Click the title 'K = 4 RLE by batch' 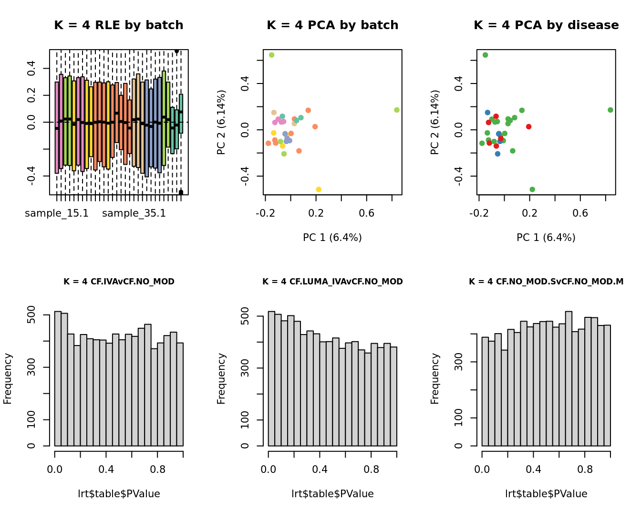tap(118, 25)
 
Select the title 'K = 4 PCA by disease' tap(546, 25)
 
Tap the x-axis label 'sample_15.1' tap(57, 213)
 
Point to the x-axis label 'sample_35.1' tap(134, 213)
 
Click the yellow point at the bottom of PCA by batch tap(319, 189)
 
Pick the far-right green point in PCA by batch tap(397, 110)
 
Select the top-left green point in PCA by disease tap(485, 55)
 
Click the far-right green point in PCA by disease tap(610, 110)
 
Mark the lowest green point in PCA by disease tap(532, 189)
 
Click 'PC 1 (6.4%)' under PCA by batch tap(332, 238)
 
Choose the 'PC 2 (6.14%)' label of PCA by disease tap(434, 122)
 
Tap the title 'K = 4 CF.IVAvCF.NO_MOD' tap(119, 282)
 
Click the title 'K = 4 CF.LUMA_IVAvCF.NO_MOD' tap(332, 282)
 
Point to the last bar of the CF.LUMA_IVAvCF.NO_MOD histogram tap(393, 397)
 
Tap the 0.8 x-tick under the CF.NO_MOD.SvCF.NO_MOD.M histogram tap(585, 470)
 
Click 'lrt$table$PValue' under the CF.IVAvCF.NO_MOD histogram tap(119, 494)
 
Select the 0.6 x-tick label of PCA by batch tap(366, 213)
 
